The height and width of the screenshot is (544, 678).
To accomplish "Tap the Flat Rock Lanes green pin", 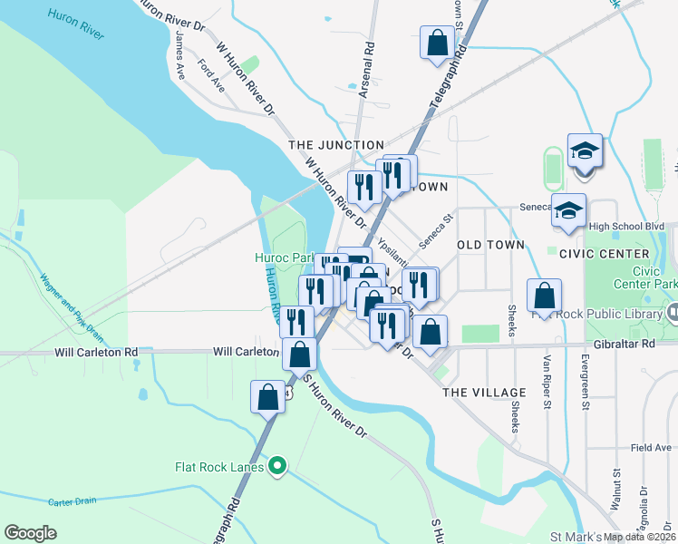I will pos(278,467).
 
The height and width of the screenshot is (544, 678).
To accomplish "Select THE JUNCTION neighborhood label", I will pos(336,145).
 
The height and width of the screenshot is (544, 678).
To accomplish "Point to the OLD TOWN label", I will pos(491,245).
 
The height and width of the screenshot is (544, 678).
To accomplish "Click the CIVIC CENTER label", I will pos(605,254).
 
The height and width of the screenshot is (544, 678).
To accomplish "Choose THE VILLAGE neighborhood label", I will pos(484,393).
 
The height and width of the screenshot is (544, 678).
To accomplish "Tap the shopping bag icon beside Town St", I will pos(439,43).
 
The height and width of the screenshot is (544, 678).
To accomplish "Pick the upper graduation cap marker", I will pos(586,150).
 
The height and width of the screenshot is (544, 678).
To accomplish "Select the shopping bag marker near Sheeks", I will pos(544,295).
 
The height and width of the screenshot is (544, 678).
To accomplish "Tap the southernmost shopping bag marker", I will pos(268,397).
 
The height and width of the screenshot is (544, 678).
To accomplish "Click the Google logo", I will pos(30,533).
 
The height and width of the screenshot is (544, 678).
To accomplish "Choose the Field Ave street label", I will pos(651,447).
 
